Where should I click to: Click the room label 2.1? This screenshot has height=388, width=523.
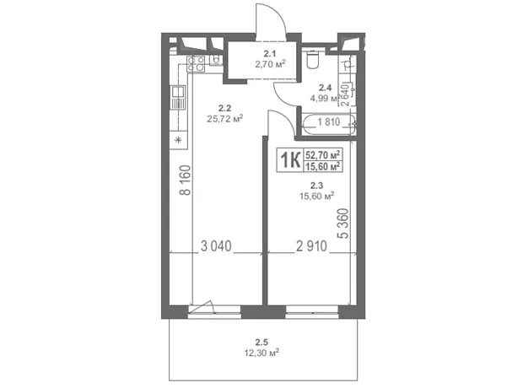(269, 53)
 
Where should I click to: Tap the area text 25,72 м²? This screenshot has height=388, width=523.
(225, 118)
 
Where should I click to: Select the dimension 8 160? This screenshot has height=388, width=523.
(185, 181)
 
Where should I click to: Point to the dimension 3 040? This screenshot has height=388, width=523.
(216, 246)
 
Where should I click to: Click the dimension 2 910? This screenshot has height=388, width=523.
(311, 246)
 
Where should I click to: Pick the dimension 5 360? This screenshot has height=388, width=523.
(343, 224)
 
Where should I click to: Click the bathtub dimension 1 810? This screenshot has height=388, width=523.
(329, 122)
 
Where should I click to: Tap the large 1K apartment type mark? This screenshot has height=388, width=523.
(290, 160)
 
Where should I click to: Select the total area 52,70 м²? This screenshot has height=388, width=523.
(323, 155)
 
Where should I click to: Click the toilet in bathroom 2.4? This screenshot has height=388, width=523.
(312, 59)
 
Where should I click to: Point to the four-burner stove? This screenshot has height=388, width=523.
(196, 63)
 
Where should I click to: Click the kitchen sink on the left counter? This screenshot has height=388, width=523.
(178, 97)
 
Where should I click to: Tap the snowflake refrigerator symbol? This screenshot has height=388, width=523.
(179, 140)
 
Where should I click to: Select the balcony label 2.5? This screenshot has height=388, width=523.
(261, 342)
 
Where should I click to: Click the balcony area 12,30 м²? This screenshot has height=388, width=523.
(261, 353)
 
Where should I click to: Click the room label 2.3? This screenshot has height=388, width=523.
(316, 186)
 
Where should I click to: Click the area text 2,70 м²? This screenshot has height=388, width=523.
(270, 64)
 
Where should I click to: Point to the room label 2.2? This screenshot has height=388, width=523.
(225, 108)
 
